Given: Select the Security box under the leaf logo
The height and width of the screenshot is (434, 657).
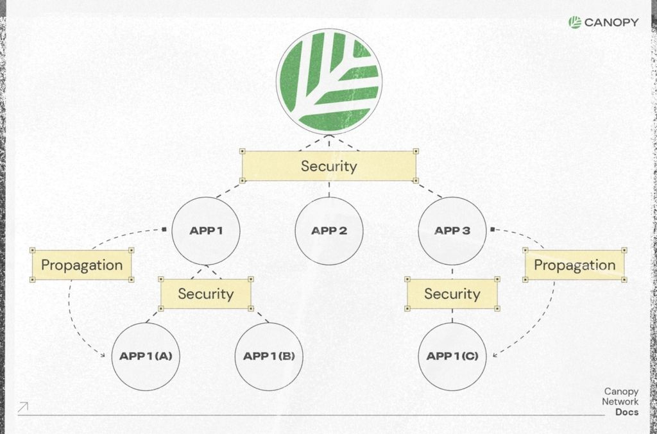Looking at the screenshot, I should click(329, 166).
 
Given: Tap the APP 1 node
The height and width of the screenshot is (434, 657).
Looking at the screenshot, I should click(206, 231).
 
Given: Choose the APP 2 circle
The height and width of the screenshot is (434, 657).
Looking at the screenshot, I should click(329, 231).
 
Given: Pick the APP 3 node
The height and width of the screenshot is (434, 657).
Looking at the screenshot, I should click(452, 231).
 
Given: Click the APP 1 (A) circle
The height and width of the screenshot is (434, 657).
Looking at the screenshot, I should click(146, 356).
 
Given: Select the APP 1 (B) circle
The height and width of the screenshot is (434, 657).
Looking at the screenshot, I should click(269, 356).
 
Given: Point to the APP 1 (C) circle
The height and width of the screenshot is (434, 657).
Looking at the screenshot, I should click(452, 356).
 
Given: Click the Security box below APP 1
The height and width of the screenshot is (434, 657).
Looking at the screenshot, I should click(206, 294).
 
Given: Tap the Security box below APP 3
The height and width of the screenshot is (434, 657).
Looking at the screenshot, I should click(452, 294).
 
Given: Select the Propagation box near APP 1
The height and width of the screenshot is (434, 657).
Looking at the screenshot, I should click(81, 265).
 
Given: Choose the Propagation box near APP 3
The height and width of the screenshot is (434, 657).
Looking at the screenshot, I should click(574, 265).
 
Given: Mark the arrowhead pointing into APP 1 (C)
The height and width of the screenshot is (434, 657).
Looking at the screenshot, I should click(496, 355).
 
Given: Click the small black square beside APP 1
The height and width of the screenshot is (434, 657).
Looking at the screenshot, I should click(165, 229).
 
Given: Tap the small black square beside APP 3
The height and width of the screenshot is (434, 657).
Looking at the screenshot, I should click(493, 229).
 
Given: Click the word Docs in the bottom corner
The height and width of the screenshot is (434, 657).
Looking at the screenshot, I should click(626, 412).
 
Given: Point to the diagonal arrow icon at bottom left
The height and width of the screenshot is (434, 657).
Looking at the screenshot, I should click(23, 406).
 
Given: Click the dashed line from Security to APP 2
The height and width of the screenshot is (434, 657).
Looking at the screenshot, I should click(329, 190).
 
